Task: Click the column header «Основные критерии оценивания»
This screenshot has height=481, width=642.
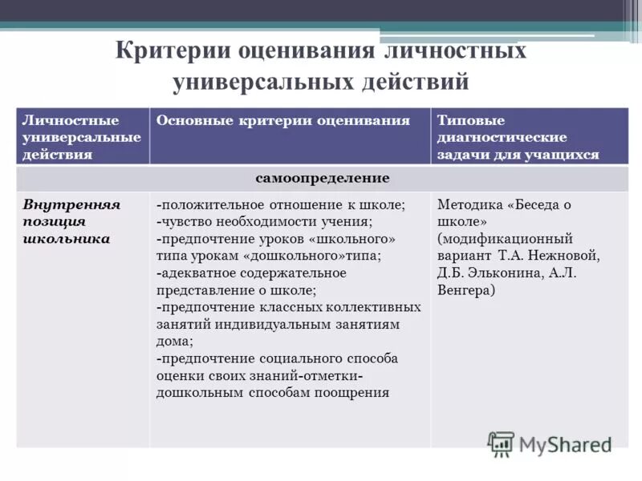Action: [x=283, y=120]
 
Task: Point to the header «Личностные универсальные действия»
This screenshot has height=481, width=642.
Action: [x=82, y=137]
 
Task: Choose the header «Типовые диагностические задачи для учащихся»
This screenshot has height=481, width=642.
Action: [x=518, y=137]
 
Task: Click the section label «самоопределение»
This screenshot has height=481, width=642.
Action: [x=323, y=177]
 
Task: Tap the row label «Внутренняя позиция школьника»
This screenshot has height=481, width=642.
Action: [x=72, y=221]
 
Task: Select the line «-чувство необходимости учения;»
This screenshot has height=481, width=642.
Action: [x=264, y=221]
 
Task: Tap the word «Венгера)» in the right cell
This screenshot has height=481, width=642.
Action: [x=465, y=290]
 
